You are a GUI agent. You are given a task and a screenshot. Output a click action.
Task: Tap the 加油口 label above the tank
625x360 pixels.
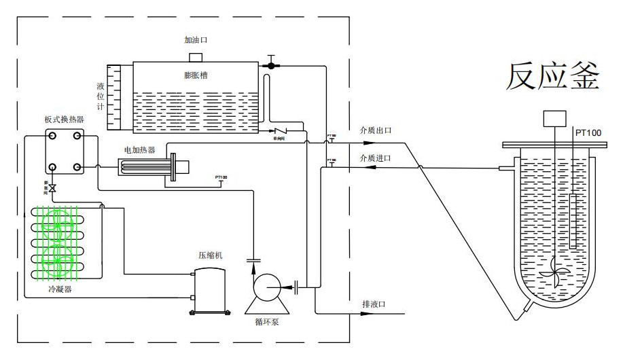point(196,40)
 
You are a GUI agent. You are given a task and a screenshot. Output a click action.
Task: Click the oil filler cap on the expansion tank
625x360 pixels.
point(196,56)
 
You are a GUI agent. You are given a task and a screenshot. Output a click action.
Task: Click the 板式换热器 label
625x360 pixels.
point(64,120)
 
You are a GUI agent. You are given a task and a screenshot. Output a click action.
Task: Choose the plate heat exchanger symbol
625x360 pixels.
point(64,152)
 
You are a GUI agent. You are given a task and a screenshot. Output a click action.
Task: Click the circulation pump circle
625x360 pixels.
point(265,288)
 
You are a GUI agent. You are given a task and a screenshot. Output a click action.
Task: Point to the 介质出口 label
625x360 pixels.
point(376,130)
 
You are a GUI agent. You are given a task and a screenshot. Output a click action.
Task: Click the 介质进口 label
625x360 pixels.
point(376,158)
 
